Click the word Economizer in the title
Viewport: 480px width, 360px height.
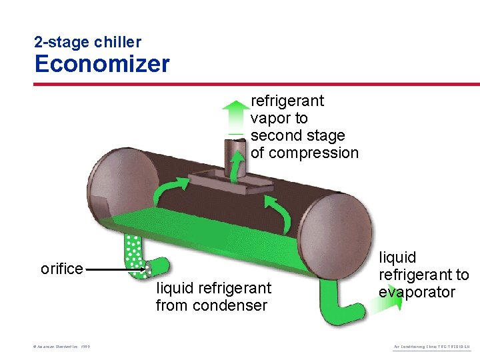(102, 64)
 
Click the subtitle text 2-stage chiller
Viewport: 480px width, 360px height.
(87, 42)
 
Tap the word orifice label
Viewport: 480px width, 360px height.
(62, 269)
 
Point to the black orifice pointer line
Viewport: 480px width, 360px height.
(113, 270)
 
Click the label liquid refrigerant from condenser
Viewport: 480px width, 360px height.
(213, 297)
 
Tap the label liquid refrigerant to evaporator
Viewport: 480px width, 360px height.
(423, 275)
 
